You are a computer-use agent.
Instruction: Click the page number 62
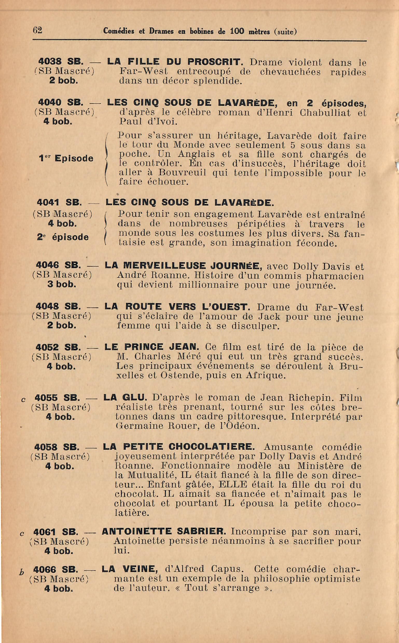(x=37, y=30)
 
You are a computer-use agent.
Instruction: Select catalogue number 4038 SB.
(x=61, y=62)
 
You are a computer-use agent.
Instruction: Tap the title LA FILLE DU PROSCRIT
(x=174, y=62)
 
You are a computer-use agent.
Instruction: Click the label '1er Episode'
(x=66, y=158)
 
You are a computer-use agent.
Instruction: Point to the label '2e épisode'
(x=63, y=237)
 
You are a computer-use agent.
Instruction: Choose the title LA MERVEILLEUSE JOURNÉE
(x=183, y=265)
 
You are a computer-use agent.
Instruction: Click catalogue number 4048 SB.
(x=58, y=306)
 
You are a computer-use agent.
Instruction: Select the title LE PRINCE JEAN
(x=152, y=347)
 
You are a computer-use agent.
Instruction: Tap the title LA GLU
(x=125, y=397)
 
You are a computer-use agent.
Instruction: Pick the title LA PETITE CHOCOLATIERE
(x=179, y=447)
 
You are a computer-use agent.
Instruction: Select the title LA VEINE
(x=130, y=569)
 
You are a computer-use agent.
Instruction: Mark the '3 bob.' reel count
(x=62, y=284)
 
